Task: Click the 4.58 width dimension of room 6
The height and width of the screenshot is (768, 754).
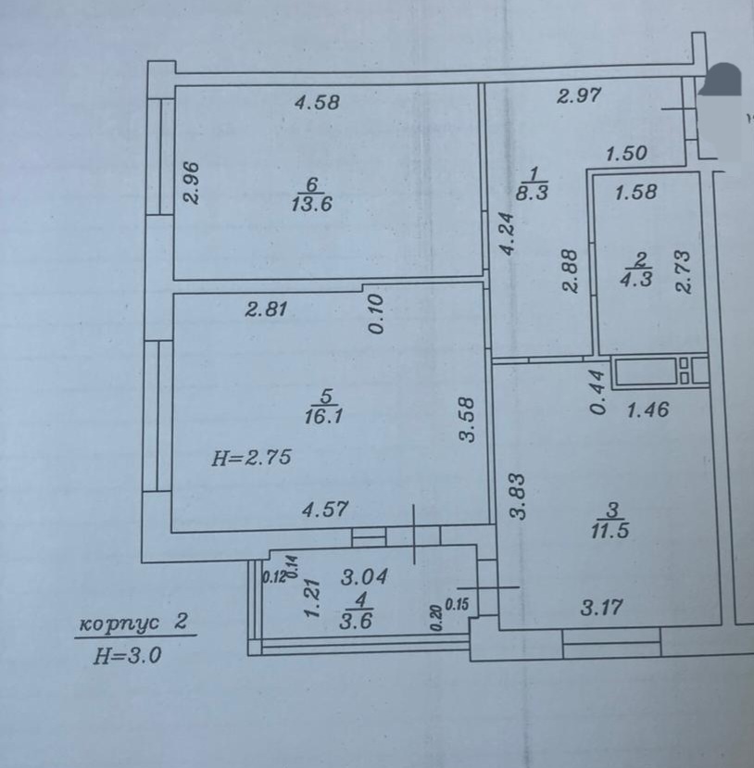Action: [x=318, y=102]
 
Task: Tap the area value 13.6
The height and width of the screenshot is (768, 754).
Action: [x=312, y=204]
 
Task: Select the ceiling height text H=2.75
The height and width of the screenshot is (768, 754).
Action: [x=252, y=458]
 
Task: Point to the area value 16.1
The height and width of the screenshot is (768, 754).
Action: [x=323, y=417]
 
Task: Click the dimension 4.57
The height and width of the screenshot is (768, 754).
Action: [x=325, y=510]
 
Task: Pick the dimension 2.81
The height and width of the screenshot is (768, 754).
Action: [x=267, y=309]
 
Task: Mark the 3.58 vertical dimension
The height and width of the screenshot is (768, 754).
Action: [x=468, y=420]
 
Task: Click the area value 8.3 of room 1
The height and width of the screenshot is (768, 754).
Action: [x=532, y=193]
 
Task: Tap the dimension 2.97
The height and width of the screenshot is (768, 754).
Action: [x=579, y=95]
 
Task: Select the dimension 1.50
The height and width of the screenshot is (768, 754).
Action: [x=627, y=153]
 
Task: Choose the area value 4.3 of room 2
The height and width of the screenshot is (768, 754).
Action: [x=636, y=279]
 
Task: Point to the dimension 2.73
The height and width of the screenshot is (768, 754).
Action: [x=683, y=271]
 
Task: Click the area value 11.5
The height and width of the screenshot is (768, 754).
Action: [x=610, y=531]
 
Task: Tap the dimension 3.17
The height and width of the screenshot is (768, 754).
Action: [x=602, y=608]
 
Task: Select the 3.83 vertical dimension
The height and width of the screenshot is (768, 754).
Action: [x=517, y=496]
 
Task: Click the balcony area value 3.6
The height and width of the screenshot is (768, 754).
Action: [x=356, y=621]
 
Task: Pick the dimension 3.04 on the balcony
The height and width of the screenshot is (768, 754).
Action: [x=365, y=577]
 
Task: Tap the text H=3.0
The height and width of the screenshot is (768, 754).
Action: [x=127, y=655]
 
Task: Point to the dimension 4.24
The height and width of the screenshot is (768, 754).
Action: [x=508, y=233]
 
